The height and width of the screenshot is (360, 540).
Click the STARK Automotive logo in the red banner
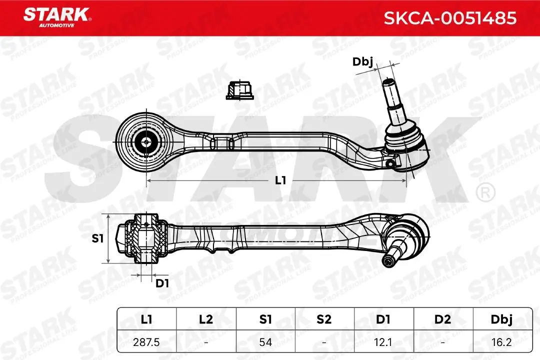point(57,17)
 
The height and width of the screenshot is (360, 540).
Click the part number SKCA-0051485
point(450,18)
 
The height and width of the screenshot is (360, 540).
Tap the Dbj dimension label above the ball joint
point(362,62)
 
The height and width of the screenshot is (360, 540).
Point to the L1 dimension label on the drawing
point(280,180)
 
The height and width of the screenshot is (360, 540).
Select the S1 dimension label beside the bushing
point(98,238)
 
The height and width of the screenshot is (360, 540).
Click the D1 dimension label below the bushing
point(162,283)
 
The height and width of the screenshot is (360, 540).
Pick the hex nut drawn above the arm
point(239,90)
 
